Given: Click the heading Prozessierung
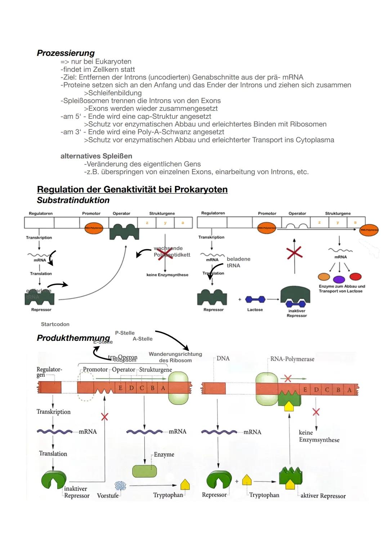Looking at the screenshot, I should pyautogui.click(x=66, y=53).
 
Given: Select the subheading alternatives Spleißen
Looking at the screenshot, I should pyautogui.click(x=96, y=156).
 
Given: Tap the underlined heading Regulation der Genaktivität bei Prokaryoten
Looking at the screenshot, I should pyautogui.click(x=132, y=189).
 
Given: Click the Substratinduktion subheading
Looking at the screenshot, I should pyautogui.click(x=73, y=200).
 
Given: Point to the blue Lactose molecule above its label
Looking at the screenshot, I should pyautogui.click(x=255, y=299).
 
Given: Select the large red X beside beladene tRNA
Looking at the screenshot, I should pyautogui.click(x=294, y=253).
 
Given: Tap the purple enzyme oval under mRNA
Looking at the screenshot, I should pyautogui.click(x=339, y=279).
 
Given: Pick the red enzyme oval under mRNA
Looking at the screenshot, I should pyautogui.click(x=355, y=276).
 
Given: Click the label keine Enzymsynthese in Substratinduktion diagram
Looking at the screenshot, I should pyautogui.click(x=167, y=275).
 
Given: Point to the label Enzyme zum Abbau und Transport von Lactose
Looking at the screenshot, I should pyautogui.click(x=341, y=289).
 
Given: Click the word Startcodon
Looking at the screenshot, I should pyautogui.click(x=55, y=324).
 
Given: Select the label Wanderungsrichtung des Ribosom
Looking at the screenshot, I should pyautogui.click(x=175, y=357).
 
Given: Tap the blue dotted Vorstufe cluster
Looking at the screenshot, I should pyautogui.click(x=120, y=486).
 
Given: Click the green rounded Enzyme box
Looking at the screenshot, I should pyautogui.click(x=144, y=471).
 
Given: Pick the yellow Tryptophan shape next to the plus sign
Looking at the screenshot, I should pyautogui.click(x=246, y=480).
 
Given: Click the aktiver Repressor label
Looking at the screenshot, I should pyautogui.click(x=323, y=496).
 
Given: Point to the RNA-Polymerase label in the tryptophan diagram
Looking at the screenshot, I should pyautogui.click(x=292, y=359).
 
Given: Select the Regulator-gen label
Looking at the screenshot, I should pyautogui.click(x=49, y=372).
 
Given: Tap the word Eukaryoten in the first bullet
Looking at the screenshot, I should pyautogui.click(x=113, y=61).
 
